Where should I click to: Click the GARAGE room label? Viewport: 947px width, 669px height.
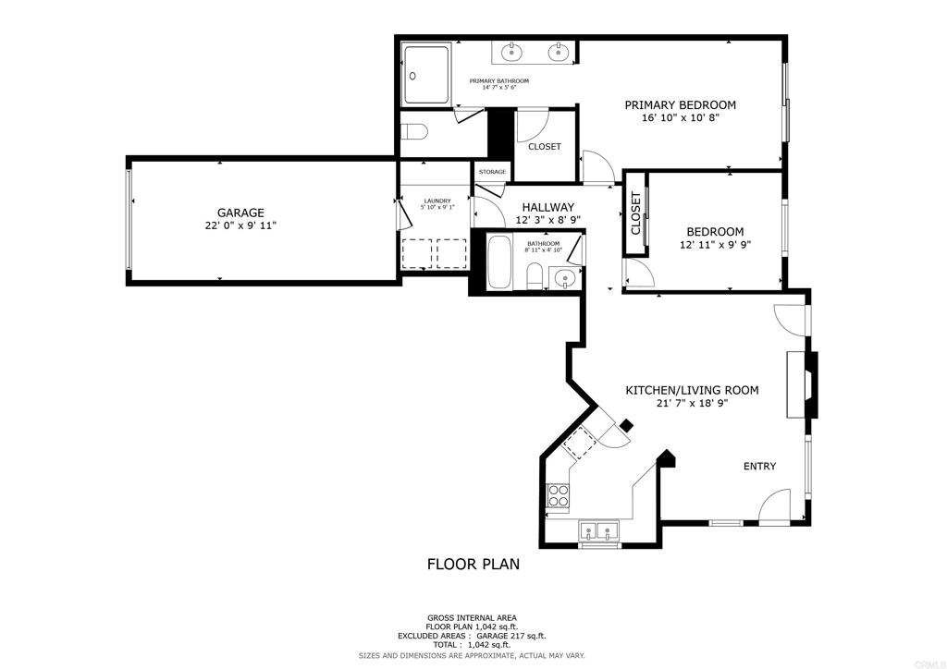coord(241,213)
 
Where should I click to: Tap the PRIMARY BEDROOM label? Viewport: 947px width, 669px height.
coord(680,105)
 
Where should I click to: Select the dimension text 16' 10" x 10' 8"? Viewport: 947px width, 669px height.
coord(681,118)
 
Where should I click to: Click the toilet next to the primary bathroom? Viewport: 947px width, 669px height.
coord(414,131)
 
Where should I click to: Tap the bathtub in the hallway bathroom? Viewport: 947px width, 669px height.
coord(500,263)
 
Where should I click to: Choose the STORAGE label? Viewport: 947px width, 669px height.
coord(492,172)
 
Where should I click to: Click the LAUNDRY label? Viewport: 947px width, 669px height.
coord(437,201)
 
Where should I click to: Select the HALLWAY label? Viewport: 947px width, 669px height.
coord(547,208)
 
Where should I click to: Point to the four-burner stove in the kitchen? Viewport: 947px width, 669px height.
coord(558,496)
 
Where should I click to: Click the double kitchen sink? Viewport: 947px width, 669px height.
coord(599,531)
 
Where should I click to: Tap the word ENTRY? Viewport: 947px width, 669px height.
coord(759,466)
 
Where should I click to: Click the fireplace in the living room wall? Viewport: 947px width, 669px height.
coord(802,384)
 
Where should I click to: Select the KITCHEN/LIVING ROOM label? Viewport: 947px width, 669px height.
coord(692,390)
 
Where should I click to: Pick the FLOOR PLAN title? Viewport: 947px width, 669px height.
coord(473,564)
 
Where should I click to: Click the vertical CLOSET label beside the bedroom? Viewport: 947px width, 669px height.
coord(635,213)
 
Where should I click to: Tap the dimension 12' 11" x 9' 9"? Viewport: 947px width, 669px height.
coord(715,245)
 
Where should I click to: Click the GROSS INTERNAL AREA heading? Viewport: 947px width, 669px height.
coord(472,618)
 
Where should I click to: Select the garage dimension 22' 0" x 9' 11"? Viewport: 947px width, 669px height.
coord(241,225)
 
